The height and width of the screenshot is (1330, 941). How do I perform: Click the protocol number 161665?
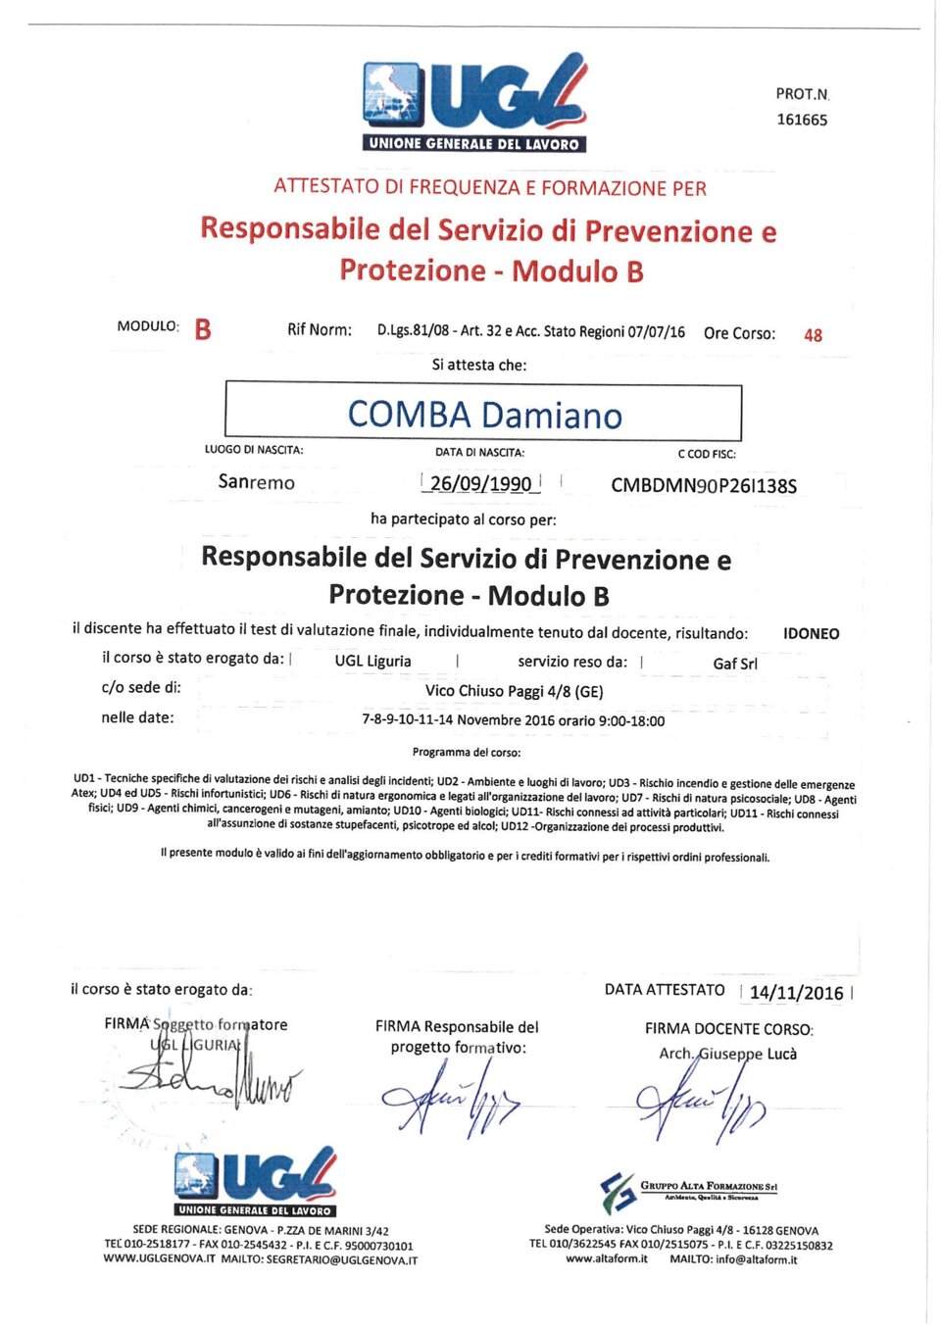point(802,120)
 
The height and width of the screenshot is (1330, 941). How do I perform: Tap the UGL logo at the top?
point(475,103)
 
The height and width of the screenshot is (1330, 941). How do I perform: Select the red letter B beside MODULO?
point(203,329)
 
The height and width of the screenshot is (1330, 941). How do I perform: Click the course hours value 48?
point(813,335)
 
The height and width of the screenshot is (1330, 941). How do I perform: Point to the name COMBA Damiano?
point(484,415)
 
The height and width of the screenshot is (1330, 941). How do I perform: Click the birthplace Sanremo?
point(256,482)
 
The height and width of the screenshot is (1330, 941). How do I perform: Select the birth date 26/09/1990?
point(480,483)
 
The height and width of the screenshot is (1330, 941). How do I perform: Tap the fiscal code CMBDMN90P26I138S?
point(704,485)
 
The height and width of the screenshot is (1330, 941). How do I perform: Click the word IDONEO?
point(811,633)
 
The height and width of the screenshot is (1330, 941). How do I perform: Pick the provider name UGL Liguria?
point(372,661)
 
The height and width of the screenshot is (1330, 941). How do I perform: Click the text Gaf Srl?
point(735,664)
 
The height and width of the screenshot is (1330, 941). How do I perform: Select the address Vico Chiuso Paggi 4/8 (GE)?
point(514,691)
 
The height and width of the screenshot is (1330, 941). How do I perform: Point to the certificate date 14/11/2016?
point(796,992)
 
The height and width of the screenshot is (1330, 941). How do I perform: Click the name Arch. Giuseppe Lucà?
point(727,1054)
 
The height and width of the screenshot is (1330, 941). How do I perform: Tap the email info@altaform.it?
point(756,1259)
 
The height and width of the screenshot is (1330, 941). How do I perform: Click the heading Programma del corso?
point(467,753)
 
